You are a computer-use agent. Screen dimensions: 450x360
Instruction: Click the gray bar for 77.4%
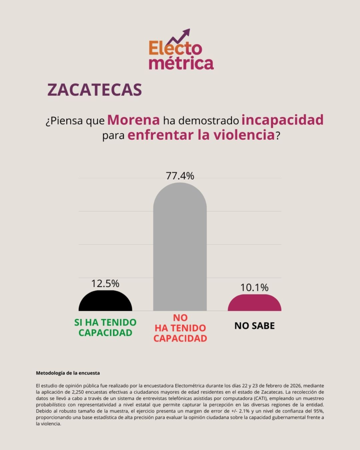pos(180,246)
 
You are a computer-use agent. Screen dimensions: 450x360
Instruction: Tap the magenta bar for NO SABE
pos(255,303)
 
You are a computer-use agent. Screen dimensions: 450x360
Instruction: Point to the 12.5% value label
pos(105,283)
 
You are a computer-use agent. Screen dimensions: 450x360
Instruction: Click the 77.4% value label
pos(180,176)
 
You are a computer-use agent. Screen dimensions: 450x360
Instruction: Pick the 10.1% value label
pos(255,288)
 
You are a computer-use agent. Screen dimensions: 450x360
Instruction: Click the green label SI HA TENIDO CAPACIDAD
pos(105,327)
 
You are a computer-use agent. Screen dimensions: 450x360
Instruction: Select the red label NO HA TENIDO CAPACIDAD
pos(180,328)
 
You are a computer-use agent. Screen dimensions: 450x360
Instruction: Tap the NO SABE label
pos(255,326)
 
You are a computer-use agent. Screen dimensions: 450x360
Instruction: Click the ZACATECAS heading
pos(95,89)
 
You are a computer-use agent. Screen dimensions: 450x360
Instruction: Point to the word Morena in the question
pos(134,120)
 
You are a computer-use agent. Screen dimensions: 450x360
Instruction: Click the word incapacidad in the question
pos(282,120)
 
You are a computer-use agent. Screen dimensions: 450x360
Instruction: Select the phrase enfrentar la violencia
pos(201,135)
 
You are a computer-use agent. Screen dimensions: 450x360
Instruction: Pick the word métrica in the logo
pos(181,62)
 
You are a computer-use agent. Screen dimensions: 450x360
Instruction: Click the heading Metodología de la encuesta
pos(68,373)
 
